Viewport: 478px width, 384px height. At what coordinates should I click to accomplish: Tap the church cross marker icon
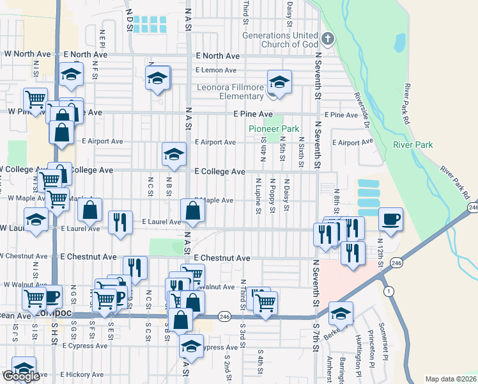(x=327, y=38)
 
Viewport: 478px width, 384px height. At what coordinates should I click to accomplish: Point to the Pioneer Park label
(x=274, y=129)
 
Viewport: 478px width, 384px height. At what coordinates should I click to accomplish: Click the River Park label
(x=413, y=145)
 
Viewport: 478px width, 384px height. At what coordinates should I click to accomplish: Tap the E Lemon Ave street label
(x=216, y=70)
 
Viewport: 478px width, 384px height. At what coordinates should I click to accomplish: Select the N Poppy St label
(x=272, y=200)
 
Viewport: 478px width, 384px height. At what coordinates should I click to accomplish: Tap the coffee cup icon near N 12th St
(x=390, y=220)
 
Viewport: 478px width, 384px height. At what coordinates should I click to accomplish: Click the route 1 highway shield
(x=388, y=291)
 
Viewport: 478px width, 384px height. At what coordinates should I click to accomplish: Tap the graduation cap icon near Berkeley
(x=341, y=314)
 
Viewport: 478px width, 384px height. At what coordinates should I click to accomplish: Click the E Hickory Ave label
(x=81, y=374)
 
